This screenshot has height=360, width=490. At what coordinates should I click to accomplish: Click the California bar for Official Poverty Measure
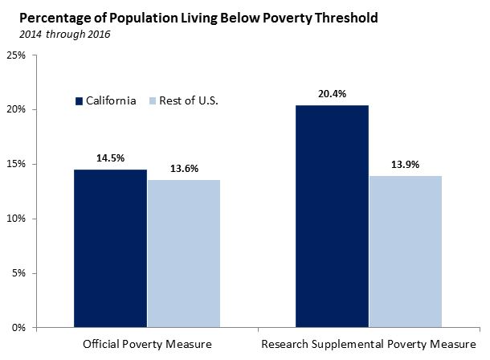tap(110, 248)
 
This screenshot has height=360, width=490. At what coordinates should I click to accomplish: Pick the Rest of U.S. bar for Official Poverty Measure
tap(183, 253)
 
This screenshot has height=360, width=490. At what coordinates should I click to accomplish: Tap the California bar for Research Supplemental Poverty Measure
tap(333, 216)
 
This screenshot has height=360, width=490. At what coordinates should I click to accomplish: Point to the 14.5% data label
tap(110, 158)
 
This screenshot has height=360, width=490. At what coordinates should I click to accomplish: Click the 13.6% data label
tap(183, 169)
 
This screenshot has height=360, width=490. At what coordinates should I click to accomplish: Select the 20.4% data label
tap(333, 94)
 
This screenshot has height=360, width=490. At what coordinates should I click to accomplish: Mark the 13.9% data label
tap(406, 165)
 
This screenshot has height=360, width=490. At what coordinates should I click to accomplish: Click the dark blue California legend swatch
tap(80, 100)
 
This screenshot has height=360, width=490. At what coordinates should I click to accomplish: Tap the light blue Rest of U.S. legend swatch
tap(154, 100)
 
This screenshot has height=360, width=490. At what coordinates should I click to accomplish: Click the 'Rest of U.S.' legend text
tap(190, 100)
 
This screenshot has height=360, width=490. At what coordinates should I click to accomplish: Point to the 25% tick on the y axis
tap(15, 55)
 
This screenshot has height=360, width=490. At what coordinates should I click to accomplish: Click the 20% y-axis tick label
tap(15, 109)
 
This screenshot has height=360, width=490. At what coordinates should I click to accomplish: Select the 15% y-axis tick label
tap(15, 164)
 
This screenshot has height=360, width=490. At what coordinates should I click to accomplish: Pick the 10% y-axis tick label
tap(15, 219)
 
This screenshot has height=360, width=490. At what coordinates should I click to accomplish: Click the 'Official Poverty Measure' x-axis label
tap(147, 346)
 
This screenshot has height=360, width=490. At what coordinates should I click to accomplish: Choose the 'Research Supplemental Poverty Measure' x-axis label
tap(369, 346)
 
